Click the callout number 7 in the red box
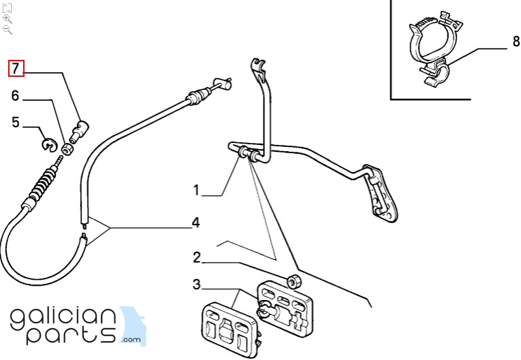pyautogui.click(x=16, y=69)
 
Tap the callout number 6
pyautogui.click(x=15, y=96)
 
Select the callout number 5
pyautogui.click(x=16, y=122)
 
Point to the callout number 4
pyautogui.click(x=196, y=223)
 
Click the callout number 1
pyautogui.click(x=196, y=191)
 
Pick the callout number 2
pyautogui.click(x=197, y=258)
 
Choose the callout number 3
pyautogui.click(x=197, y=284)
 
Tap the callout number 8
pyautogui.click(x=516, y=42)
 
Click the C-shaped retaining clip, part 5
pyautogui.click(x=48, y=144)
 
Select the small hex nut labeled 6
pyautogui.click(x=68, y=149)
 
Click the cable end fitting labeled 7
pyautogui.click(x=79, y=131)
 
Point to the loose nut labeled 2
pyautogui.click(x=294, y=282)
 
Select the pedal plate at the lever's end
pyautogui.click(x=381, y=193)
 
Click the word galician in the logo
pyautogui.click(x=63, y=319)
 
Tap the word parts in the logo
pyautogui.click(x=71, y=335)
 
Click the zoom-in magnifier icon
pyautogui.click(x=7, y=19)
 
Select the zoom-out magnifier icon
pyautogui.click(x=7, y=30)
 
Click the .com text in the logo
pyautogui.click(x=131, y=340)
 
